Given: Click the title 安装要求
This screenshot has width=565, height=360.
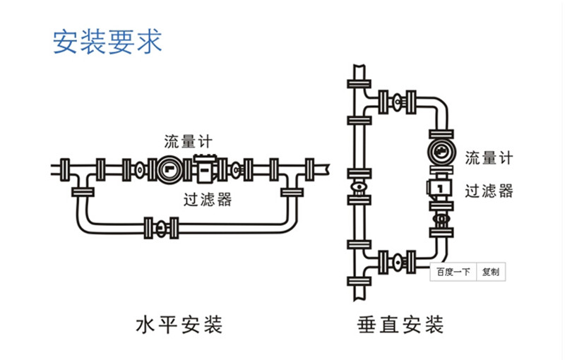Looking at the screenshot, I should (x=107, y=41).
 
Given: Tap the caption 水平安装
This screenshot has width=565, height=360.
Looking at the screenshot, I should (x=179, y=325).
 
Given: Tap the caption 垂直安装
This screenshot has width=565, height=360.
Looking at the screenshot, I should (x=400, y=325).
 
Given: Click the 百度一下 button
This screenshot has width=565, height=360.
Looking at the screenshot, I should (x=453, y=272).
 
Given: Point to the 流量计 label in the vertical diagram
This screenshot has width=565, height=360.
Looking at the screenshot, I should (x=489, y=158).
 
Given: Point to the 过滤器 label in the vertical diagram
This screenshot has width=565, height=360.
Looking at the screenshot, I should (x=489, y=191).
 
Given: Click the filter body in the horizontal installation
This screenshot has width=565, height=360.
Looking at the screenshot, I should (x=205, y=168).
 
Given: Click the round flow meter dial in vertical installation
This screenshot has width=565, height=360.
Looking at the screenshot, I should (x=439, y=153).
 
